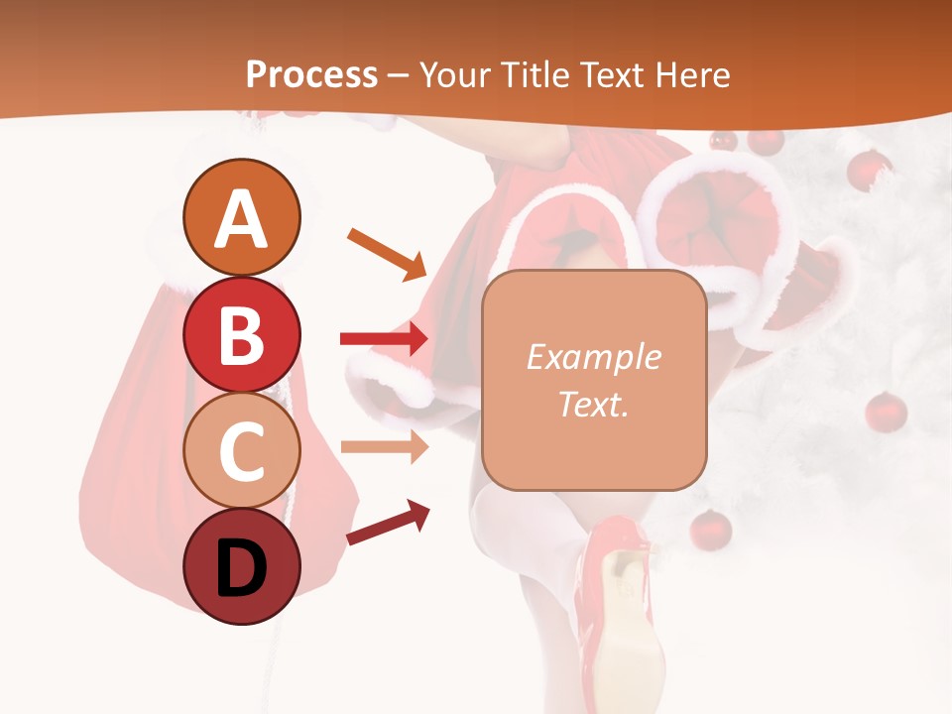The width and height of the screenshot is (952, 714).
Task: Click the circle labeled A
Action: tap(241, 217)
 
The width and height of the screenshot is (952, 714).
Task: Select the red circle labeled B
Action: tap(241, 334)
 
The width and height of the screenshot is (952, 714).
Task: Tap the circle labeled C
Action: tap(241, 450)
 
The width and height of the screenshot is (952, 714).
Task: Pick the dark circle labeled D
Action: tap(241, 566)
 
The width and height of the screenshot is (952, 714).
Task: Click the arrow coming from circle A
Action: tap(387, 254)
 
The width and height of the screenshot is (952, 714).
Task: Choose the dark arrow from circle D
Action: tap(388, 523)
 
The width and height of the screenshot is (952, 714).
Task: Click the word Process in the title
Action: tap(311, 74)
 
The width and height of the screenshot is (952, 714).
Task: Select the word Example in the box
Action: tap(593, 357)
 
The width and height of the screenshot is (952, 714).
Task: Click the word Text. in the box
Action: tap(593, 404)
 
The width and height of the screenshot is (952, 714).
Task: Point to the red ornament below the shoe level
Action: tap(710, 530)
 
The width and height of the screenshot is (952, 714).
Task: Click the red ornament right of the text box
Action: tap(886, 411)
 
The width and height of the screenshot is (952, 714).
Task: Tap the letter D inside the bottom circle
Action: tap(241, 569)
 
